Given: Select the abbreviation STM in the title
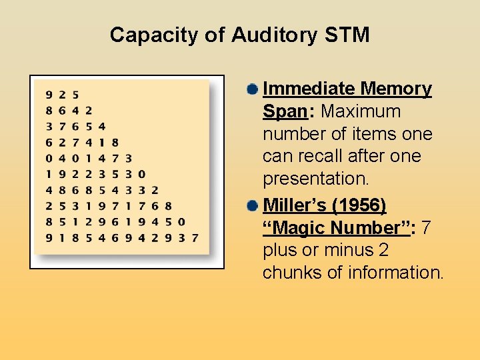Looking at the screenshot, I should click(345, 35).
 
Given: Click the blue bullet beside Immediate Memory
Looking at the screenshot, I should click(251, 89).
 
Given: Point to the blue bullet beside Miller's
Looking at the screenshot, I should click(251, 205).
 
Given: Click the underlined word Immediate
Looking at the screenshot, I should click(309, 89).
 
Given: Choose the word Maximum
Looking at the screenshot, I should click(361, 111).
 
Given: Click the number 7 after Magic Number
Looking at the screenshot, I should click(426, 228).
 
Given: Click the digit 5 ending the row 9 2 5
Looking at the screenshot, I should click(75, 95).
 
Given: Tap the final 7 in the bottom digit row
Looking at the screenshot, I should click(195, 237).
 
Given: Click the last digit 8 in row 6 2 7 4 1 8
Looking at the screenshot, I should click(115, 142).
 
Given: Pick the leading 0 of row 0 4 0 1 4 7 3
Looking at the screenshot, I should click(48, 158).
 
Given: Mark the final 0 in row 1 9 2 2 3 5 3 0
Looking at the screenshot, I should click(141, 174).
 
